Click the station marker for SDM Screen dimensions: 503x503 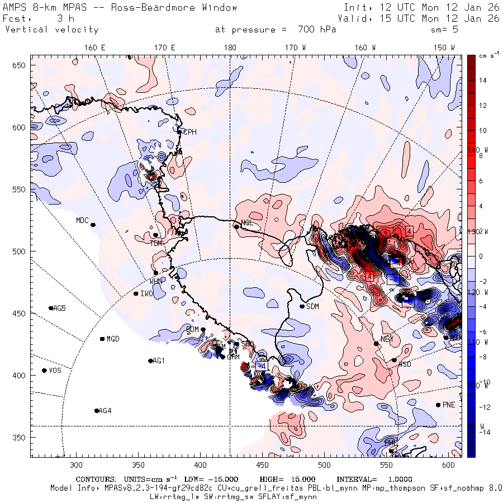coord(302,306)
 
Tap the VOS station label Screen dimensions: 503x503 coord(55,371)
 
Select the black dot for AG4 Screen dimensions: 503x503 coord(97,411)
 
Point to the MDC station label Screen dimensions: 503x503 coord(82,220)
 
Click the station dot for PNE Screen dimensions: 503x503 coord(438,405)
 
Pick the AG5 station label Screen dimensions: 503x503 coord(59,308)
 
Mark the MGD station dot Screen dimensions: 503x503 coord(102,339)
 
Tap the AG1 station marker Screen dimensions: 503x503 coord(150,361)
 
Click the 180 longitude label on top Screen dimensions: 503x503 coord(230,48)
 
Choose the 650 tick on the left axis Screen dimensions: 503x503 coord(21,66)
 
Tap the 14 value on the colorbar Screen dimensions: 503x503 coord(483,80)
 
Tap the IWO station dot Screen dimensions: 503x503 coord(136,293)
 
